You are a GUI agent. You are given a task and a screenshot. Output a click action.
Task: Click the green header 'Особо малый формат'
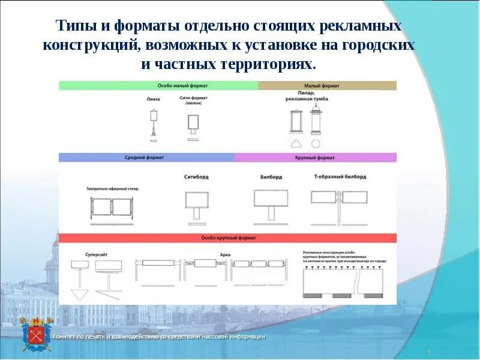[158, 86]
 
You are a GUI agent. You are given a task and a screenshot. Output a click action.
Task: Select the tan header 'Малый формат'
[328, 86]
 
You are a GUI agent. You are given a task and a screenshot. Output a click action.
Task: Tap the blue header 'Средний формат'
[146, 157]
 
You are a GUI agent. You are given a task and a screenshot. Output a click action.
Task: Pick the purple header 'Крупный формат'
[316, 157]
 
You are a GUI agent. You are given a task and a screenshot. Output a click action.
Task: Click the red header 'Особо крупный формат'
[227, 238]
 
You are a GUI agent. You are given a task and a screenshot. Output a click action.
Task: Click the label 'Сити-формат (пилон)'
[193, 100]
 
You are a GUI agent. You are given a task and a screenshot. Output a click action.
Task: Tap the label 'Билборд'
[271, 177]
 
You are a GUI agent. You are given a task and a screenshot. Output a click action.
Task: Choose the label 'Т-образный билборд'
[340, 177]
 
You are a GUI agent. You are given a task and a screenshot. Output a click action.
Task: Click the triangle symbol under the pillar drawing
[296, 143]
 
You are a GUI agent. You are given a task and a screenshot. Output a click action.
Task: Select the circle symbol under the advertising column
[316, 143]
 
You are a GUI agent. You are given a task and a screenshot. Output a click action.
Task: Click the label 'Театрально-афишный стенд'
[112, 188]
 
